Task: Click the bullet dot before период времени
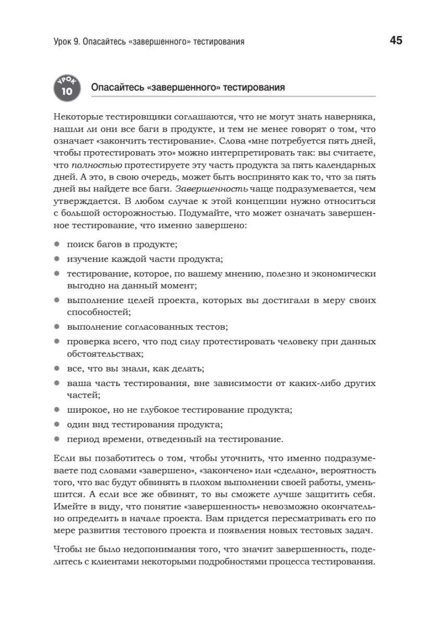[57, 439]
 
